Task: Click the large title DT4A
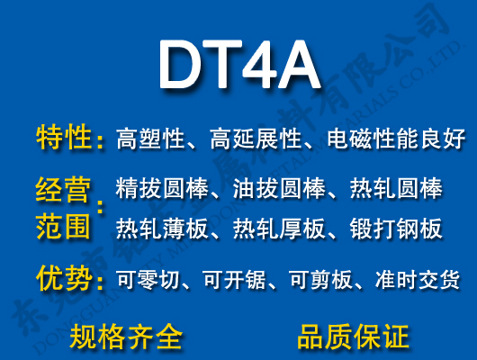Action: tap(238, 65)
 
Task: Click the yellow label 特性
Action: tap(64, 139)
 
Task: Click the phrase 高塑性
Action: tap(150, 139)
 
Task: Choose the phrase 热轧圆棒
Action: tap(396, 190)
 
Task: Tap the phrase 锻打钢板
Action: tap(396, 229)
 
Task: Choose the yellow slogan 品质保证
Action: tap(353, 337)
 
